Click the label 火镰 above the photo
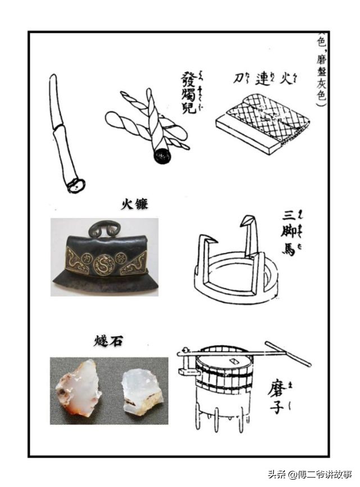click(135, 204)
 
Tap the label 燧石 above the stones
click(108, 341)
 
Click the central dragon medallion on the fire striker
click(104, 263)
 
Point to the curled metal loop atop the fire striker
click(104, 228)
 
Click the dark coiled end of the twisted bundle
click(163, 155)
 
